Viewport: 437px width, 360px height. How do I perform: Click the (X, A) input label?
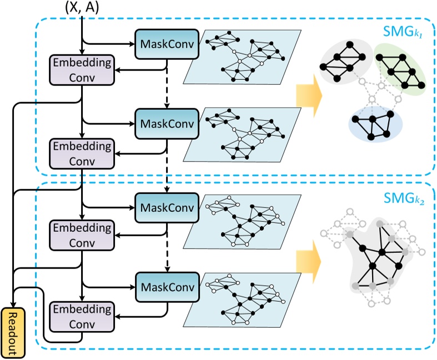(83, 8)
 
